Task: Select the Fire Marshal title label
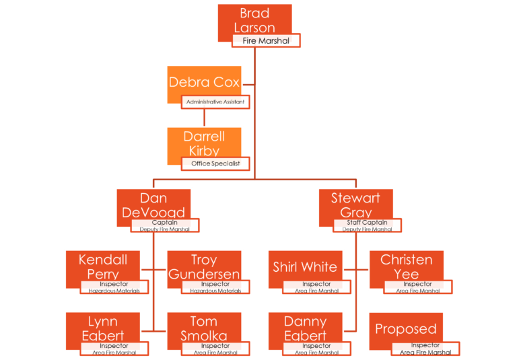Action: tap(266, 41)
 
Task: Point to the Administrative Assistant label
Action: tap(216, 102)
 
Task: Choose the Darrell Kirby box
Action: tap(204, 143)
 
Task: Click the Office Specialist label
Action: tap(215, 164)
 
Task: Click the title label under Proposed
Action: tap(425, 349)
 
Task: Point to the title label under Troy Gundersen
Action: tap(215, 287)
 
